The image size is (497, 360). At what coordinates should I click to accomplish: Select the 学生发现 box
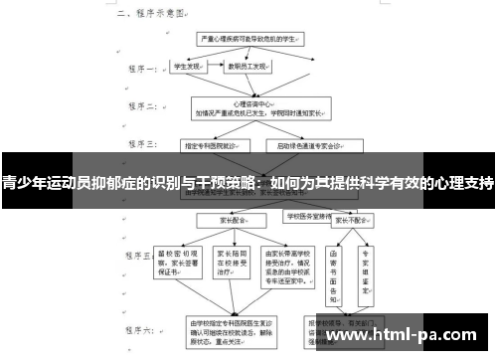tap(190, 67)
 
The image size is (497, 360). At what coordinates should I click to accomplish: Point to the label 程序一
tap(139, 70)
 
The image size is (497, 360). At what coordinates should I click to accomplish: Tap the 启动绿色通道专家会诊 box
tap(311, 146)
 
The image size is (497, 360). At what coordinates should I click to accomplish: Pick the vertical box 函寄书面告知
tap(340, 263)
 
